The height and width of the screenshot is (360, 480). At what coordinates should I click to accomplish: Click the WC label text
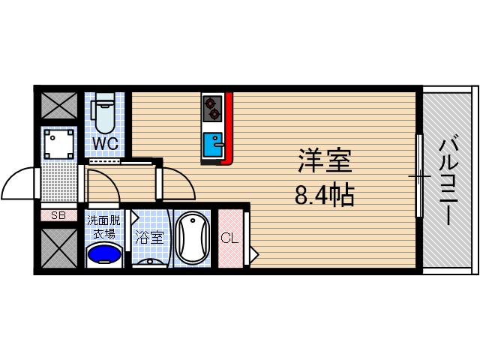104,142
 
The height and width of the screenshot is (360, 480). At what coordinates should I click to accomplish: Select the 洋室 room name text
324,161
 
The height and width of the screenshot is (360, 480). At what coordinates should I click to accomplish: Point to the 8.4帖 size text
324,195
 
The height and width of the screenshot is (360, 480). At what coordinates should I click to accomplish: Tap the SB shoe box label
58,215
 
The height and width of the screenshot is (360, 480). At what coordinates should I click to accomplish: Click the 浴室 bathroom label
149,238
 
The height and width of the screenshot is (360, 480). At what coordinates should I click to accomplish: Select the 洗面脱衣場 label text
104,226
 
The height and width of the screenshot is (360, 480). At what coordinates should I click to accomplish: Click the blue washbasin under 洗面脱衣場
104,255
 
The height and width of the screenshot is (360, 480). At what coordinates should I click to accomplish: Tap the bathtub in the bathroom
194,239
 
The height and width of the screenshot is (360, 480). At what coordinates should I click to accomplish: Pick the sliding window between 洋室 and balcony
418,176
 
